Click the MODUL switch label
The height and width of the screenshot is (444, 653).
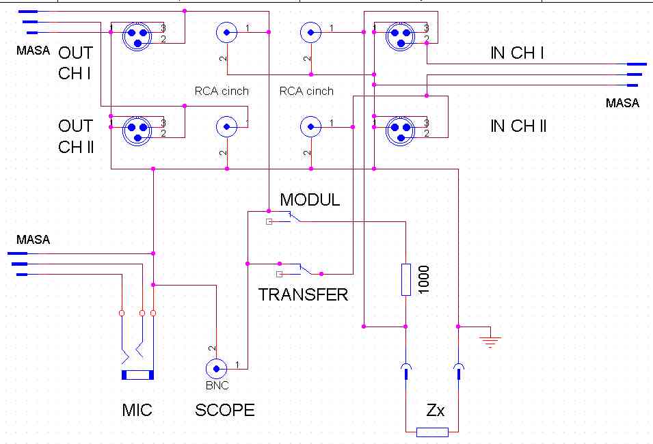click(310, 200)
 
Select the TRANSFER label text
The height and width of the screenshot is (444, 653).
click(303, 294)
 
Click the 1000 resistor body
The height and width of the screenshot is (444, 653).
click(406, 279)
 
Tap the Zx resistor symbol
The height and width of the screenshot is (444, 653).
click(432, 432)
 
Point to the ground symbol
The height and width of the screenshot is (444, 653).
click(490, 339)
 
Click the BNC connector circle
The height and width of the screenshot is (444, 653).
click(217, 369)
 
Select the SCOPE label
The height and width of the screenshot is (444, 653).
click(225, 410)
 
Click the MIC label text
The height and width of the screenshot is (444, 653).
click(137, 410)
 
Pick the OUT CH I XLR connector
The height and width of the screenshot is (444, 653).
click(137, 35)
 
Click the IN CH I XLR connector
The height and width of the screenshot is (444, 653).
click(399, 35)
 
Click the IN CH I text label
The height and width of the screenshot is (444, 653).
click(518, 53)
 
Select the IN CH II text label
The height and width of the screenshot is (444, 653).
click(518, 126)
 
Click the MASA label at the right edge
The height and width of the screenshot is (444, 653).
click(622, 103)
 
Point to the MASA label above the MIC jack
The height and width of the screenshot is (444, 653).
click(34, 240)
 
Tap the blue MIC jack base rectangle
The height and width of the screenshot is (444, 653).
click(137, 375)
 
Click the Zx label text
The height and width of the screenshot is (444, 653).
click(436, 411)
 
